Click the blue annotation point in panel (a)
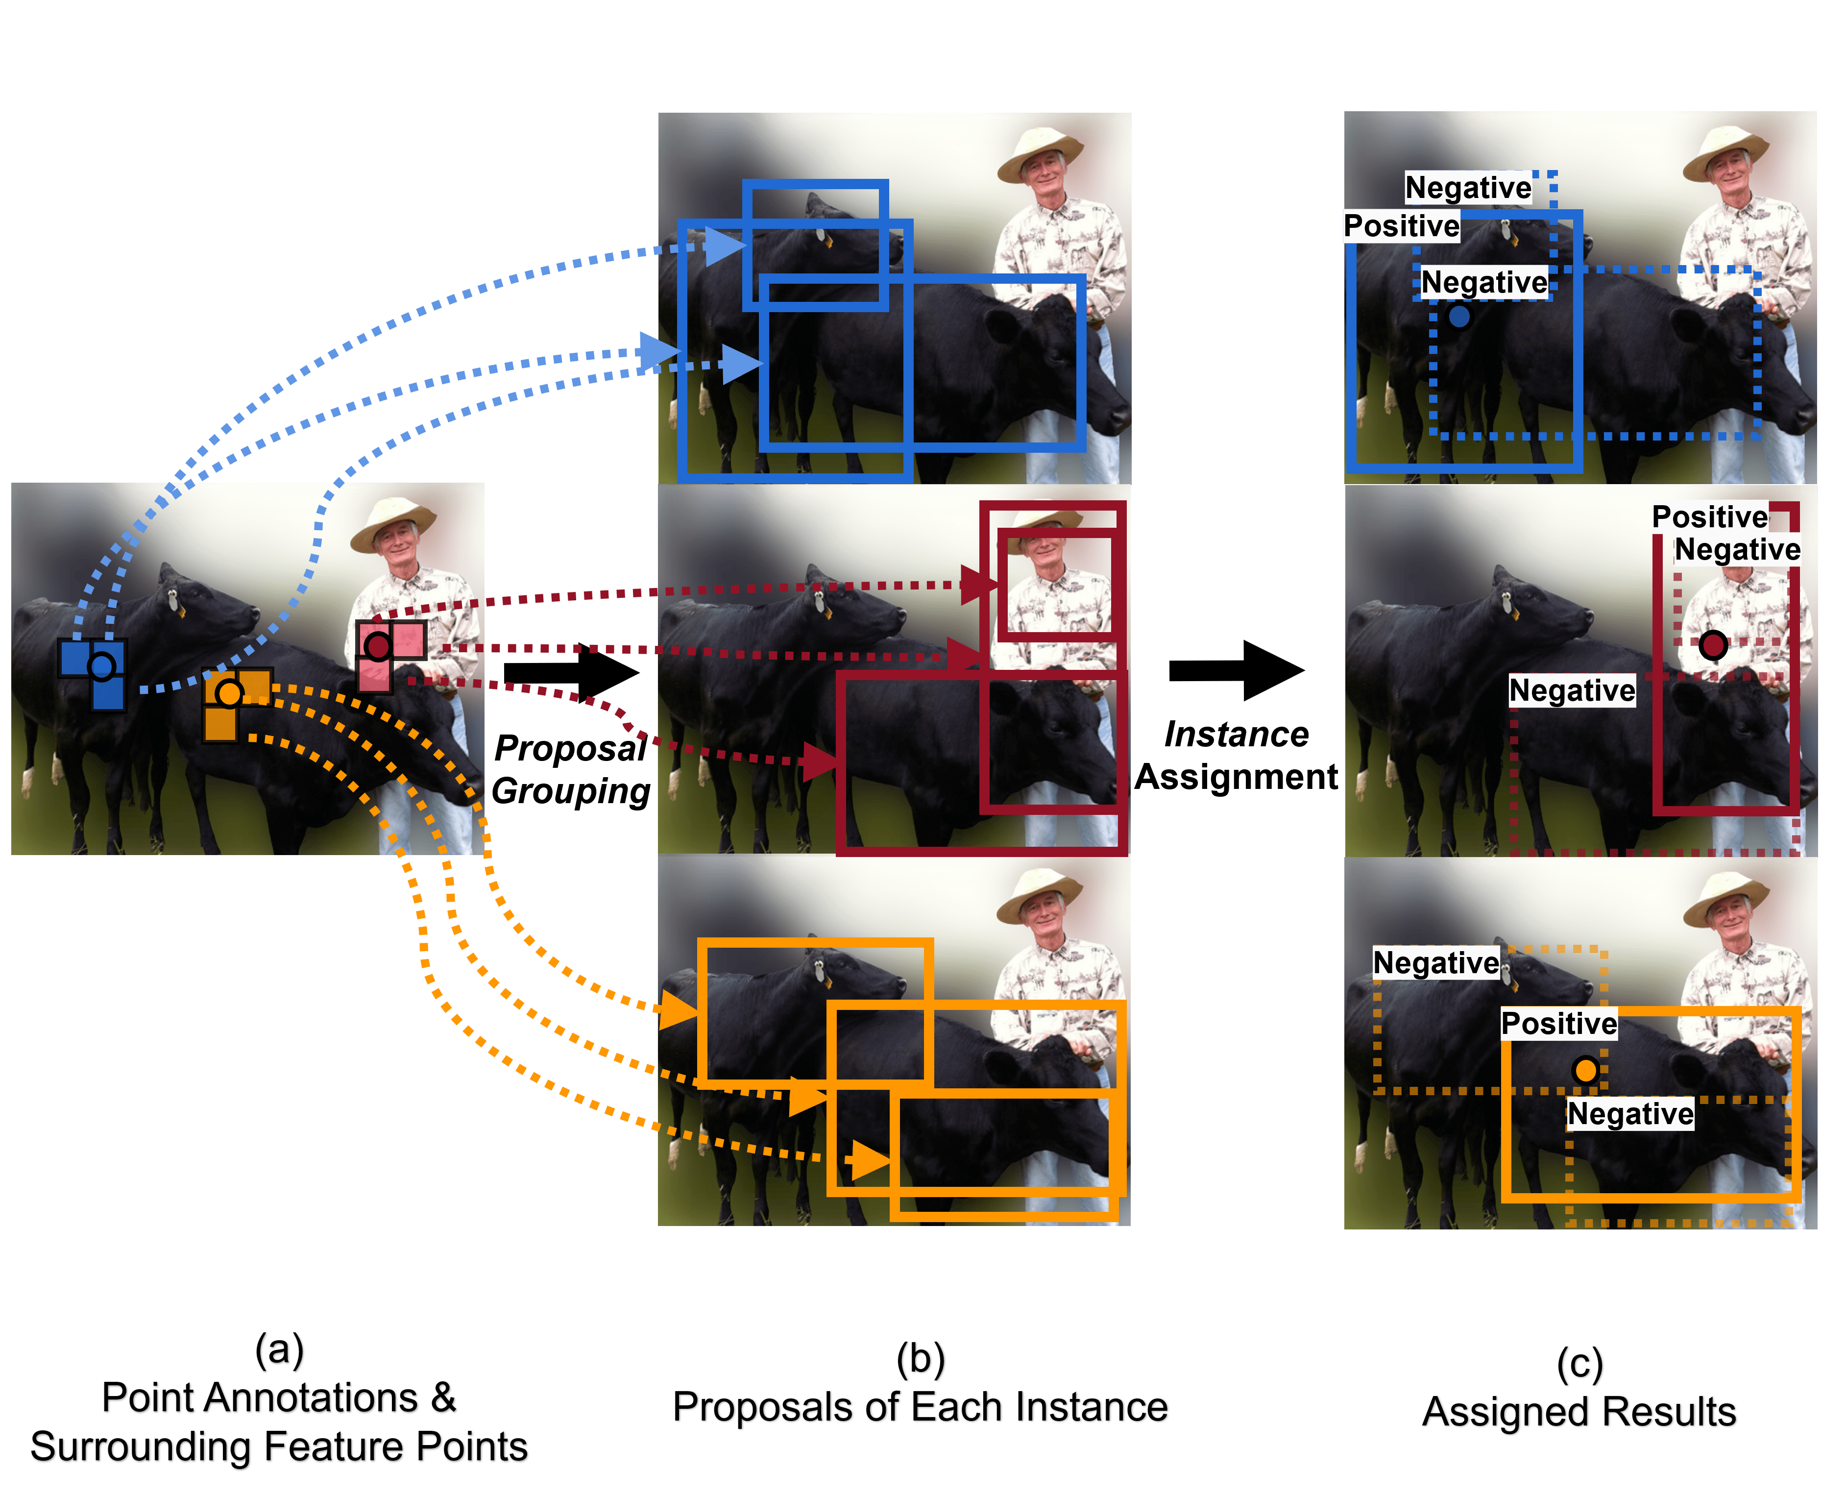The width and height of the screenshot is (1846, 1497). pyautogui.click(x=102, y=666)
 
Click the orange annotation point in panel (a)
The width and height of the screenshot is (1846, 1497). pyautogui.click(x=229, y=692)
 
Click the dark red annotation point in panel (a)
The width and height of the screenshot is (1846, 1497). pyautogui.click(x=378, y=646)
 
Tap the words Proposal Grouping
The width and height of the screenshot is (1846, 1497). pyautogui.click(x=571, y=769)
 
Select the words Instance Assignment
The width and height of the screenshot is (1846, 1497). pyautogui.click(x=1236, y=756)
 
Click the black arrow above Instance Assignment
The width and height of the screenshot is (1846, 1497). pyautogui.click(x=1237, y=670)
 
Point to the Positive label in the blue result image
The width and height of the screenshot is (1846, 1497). pyautogui.click(x=1401, y=226)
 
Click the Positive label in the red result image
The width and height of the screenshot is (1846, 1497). pyautogui.click(x=1709, y=516)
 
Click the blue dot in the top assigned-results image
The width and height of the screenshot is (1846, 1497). pyautogui.click(x=1459, y=317)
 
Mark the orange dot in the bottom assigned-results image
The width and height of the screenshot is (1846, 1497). pyautogui.click(x=1585, y=1070)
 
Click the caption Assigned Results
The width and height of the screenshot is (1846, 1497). pyautogui.click(x=1579, y=1413)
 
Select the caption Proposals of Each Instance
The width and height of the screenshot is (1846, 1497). pyautogui.click(x=921, y=1407)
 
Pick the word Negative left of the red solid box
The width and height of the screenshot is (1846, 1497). pyautogui.click(x=1572, y=690)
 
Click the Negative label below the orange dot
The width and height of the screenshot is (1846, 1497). pyautogui.click(x=1629, y=1113)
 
